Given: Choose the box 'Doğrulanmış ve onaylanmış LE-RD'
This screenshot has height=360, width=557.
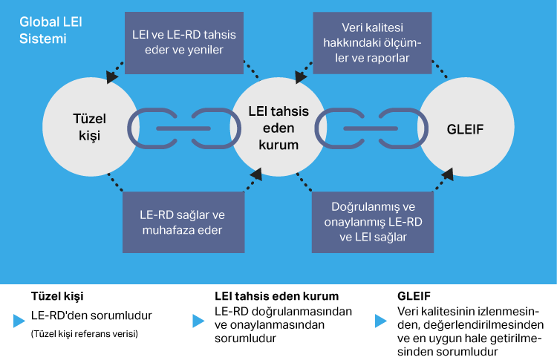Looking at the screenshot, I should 372,222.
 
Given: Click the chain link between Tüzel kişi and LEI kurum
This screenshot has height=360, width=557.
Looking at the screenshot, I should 183,128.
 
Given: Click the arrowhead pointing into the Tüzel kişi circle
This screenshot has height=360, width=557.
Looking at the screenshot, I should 112,76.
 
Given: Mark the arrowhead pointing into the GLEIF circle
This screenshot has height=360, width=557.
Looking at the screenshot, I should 449,175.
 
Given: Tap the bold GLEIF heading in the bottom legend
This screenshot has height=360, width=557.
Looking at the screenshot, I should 414,295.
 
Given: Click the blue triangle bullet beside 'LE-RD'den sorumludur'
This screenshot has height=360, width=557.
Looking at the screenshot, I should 19,321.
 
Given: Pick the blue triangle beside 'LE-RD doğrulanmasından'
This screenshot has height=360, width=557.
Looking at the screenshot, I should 198,321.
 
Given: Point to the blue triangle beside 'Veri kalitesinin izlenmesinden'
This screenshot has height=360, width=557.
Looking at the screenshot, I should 381,321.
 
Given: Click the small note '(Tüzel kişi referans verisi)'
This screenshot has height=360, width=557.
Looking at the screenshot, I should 85,333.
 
